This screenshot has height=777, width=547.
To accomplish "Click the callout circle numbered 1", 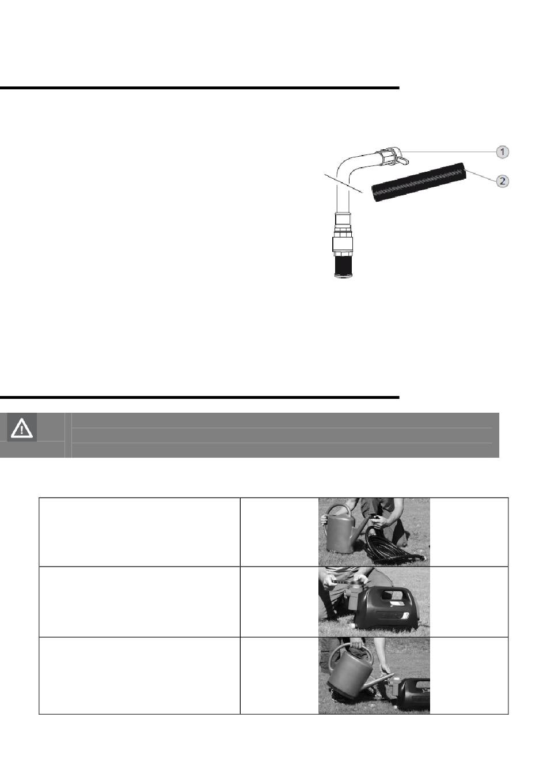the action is point(502,152).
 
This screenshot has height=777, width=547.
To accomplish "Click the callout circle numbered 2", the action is point(502,181).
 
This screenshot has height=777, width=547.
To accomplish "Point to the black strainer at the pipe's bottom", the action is point(344,266).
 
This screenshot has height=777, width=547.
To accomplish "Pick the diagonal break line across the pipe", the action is point(343,183).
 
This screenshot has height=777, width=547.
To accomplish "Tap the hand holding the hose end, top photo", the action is point(381,520).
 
